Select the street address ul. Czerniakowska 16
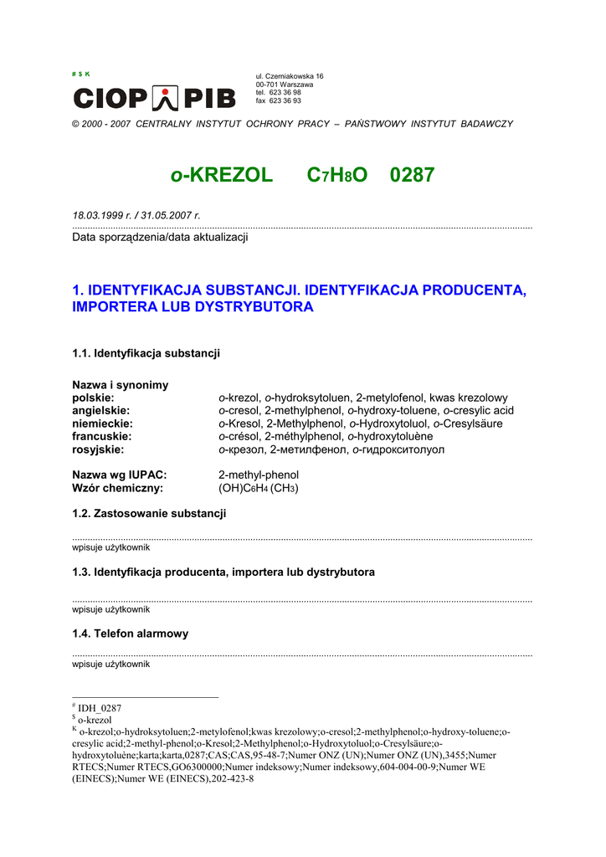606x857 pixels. [290, 76]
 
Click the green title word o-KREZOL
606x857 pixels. [221, 175]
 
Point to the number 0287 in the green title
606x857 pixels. [412, 175]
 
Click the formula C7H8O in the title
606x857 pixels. [337, 175]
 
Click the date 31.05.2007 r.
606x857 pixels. [171, 215]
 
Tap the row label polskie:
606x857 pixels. [93, 398]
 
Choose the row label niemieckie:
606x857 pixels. [102, 423]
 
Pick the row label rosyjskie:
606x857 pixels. [98, 449]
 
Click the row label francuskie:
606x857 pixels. [102, 436]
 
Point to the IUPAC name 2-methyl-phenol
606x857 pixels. [259, 475]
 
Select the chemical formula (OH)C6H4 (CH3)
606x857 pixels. [259, 488]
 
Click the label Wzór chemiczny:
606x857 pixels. [118, 488]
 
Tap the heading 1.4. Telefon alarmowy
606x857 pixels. [131, 634]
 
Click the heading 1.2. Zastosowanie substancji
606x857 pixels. [149, 513]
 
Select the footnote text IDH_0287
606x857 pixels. [100, 708]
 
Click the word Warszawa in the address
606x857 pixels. [296, 85]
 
